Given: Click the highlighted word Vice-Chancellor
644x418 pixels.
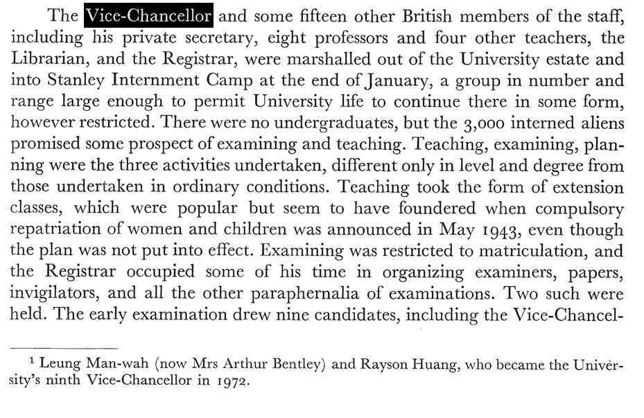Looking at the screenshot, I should point(148,15).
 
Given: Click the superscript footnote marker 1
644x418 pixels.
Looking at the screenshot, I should point(32,362).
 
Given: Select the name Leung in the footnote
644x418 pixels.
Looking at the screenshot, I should point(59,365).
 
